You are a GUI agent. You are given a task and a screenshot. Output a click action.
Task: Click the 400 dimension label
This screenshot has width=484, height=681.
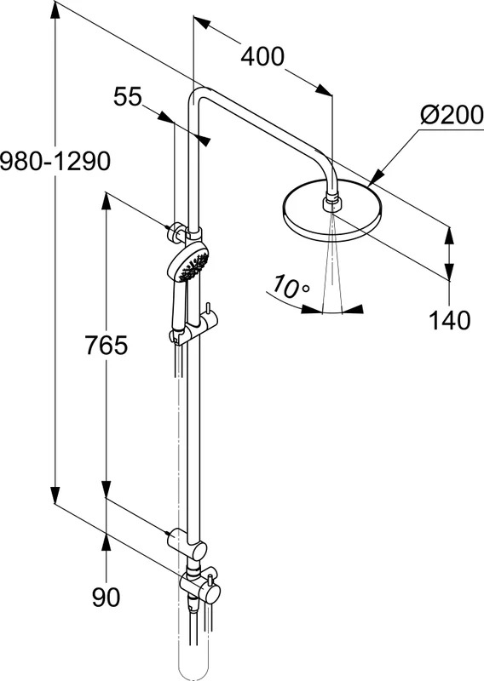click(262, 57)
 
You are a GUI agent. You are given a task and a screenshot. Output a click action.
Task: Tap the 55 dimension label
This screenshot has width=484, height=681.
click(128, 96)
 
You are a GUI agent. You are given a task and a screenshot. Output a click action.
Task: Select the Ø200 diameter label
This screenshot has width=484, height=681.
click(452, 115)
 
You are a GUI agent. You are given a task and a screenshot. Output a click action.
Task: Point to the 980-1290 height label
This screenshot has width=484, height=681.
click(55, 162)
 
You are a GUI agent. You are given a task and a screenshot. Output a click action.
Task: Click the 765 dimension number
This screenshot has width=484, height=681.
click(107, 346)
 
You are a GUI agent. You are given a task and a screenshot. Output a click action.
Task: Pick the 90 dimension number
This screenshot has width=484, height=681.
click(107, 598)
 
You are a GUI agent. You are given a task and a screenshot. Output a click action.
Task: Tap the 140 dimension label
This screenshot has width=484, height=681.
click(449, 321)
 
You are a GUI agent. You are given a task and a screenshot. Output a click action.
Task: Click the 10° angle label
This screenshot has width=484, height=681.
click(291, 287)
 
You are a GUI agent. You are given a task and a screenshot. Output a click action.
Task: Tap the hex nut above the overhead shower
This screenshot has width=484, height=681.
click(332, 203)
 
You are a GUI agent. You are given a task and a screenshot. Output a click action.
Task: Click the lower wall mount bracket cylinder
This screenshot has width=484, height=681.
click(176, 539)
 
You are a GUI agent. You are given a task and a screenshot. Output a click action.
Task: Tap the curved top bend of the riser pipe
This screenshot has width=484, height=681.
click(199, 94)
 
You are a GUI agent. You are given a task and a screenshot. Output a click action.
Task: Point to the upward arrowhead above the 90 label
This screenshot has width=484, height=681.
click(107, 542)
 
